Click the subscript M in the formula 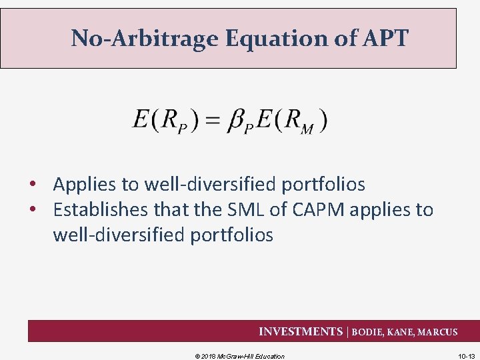(x=307, y=129)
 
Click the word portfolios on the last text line (x=231, y=235)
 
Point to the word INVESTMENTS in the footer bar (x=300, y=331)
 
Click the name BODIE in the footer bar (x=368, y=332)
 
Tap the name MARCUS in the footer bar (x=437, y=332)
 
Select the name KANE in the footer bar (x=401, y=332)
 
